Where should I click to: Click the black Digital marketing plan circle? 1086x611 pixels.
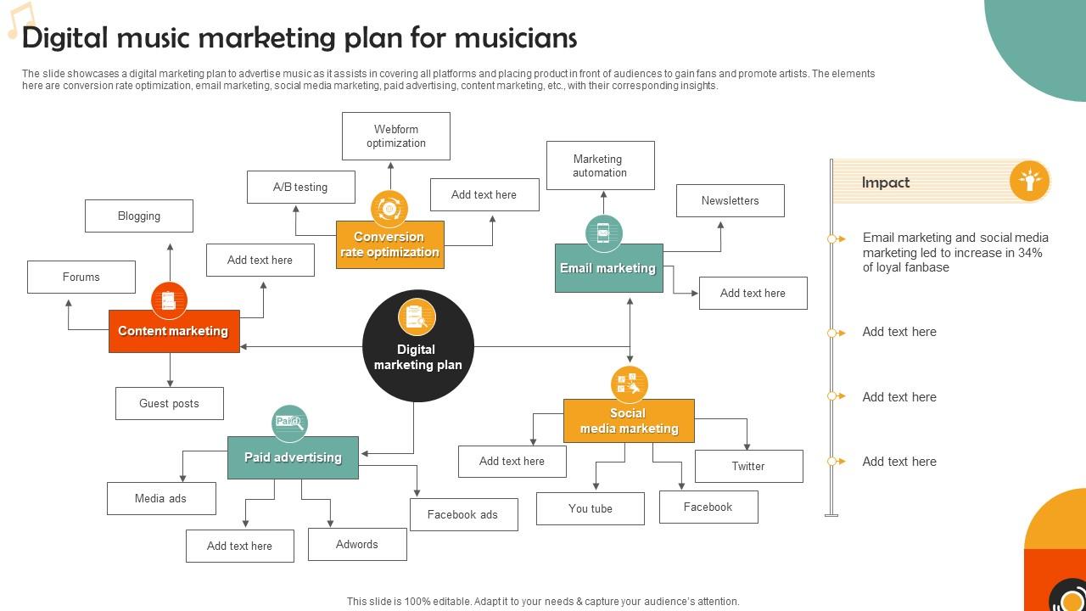pyautogui.click(x=417, y=346)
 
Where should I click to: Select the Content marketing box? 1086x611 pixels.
pyautogui.click(x=174, y=331)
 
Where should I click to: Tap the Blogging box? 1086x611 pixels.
pyautogui.click(x=139, y=216)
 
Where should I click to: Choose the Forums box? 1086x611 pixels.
pyautogui.click(x=81, y=277)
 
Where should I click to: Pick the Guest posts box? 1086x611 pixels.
pyautogui.click(x=170, y=403)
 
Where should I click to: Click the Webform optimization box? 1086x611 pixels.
pyautogui.click(x=396, y=136)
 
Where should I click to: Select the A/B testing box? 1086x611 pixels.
pyautogui.click(x=301, y=187)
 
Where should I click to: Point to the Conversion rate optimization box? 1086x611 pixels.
pyautogui.click(x=390, y=245)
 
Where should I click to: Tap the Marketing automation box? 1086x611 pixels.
pyautogui.click(x=601, y=165)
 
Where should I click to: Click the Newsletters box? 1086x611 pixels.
pyautogui.click(x=731, y=200)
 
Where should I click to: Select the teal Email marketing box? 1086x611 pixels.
pyautogui.click(x=609, y=268)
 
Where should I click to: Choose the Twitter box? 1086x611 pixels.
pyautogui.click(x=748, y=466)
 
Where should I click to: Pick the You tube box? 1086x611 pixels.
pyautogui.click(x=591, y=508)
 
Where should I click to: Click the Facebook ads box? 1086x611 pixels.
pyautogui.click(x=463, y=514)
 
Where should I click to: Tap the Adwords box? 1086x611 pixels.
pyautogui.click(x=357, y=544)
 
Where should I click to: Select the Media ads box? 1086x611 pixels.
pyautogui.click(x=161, y=498)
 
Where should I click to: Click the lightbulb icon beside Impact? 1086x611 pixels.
pyautogui.click(x=1030, y=181)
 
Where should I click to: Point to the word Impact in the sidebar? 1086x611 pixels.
pyautogui.click(x=886, y=182)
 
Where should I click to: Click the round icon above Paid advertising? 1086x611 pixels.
pyautogui.click(x=289, y=423)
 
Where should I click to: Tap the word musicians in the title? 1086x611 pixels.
pyautogui.click(x=516, y=38)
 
